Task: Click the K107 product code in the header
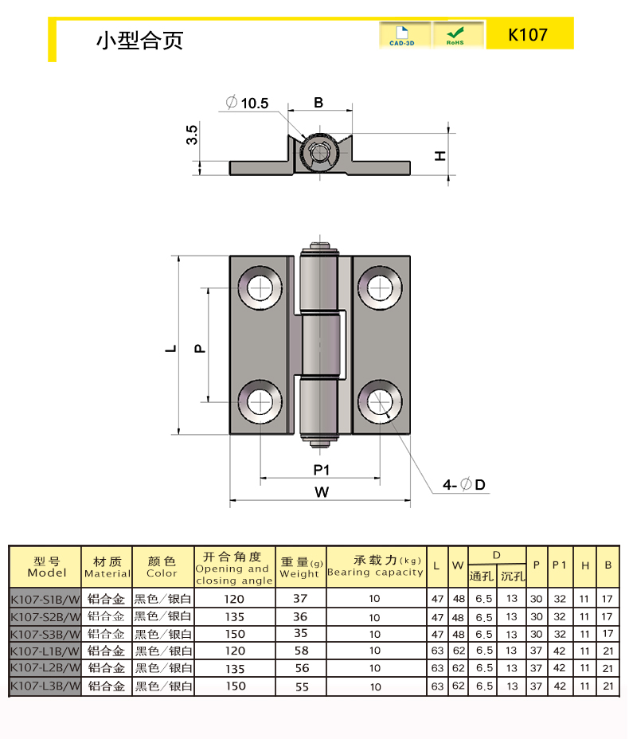pos(529,36)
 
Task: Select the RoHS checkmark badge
pos(455,36)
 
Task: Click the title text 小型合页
pos(139,40)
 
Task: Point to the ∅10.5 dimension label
pos(248,103)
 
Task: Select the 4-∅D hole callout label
pos(464,484)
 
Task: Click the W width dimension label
pos(321,492)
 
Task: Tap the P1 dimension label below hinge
pos(321,468)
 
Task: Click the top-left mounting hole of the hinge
pos(259,287)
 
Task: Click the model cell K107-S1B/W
pos(45,598)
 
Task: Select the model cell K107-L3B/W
pos(45,686)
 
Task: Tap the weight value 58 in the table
pos(300,651)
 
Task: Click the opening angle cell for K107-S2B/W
pos(235,616)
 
